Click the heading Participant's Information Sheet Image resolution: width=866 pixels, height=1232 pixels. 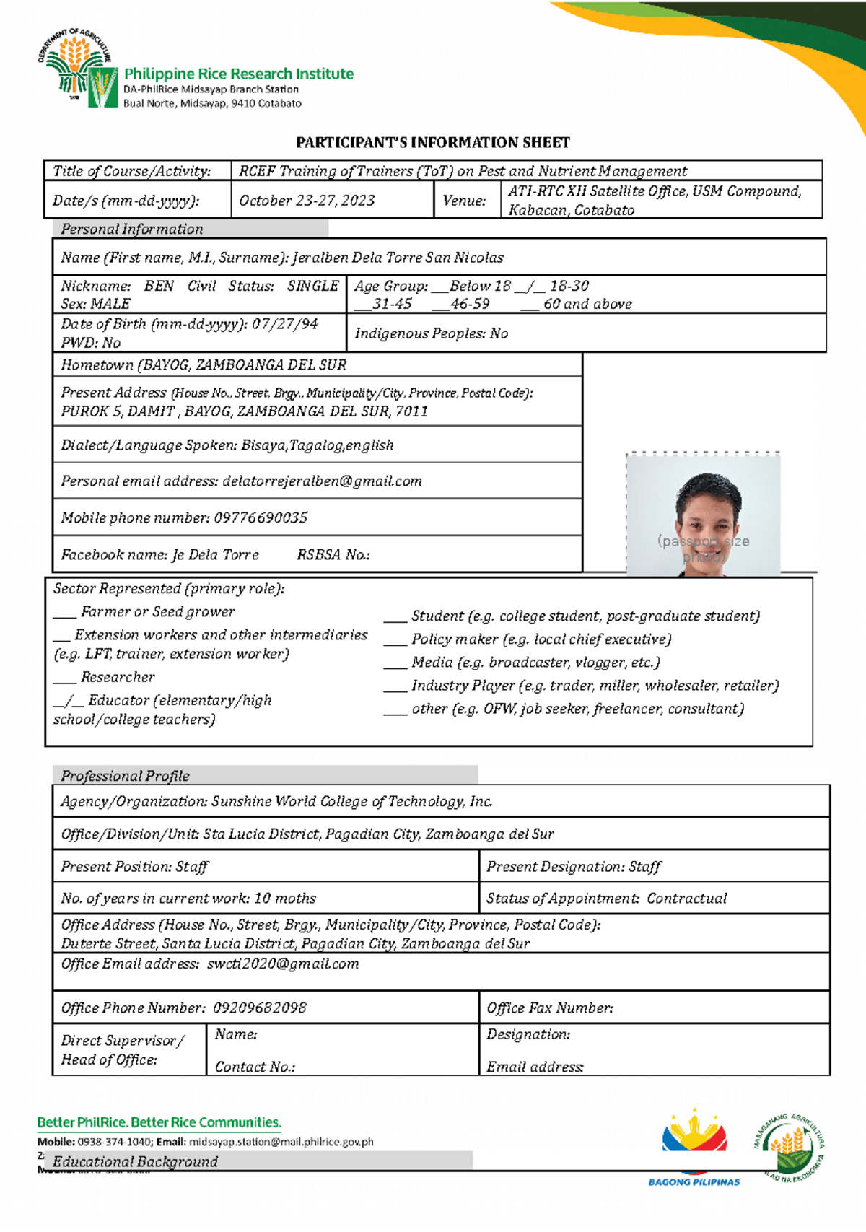pyautogui.click(x=432, y=143)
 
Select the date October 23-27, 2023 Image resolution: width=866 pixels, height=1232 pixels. pyautogui.click(x=307, y=201)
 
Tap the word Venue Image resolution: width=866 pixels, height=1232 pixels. pyautogui.click(x=464, y=201)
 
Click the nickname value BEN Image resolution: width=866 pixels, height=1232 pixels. pyautogui.click(x=159, y=286)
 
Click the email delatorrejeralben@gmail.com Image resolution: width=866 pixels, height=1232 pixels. pyautogui.click(x=322, y=481)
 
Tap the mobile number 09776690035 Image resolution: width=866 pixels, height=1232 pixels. pyautogui.click(x=261, y=518)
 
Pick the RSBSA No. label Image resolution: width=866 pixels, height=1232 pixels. pyautogui.click(x=333, y=555)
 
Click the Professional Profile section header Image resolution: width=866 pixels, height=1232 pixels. pyautogui.click(x=126, y=776)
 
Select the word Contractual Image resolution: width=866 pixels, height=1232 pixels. pyautogui.click(x=686, y=899)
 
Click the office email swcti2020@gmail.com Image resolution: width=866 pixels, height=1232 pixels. pyautogui.click(x=283, y=964)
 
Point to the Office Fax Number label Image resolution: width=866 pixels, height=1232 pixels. pyautogui.click(x=550, y=1008)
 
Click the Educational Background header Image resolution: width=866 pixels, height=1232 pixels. pyautogui.click(x=136, y=1162)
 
